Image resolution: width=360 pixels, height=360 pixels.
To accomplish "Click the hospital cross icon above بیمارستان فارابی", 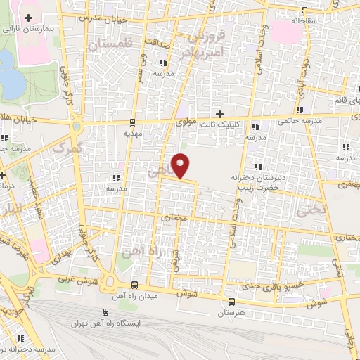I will [28, 18].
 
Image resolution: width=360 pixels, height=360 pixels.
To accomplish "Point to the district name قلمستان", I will [110, 44].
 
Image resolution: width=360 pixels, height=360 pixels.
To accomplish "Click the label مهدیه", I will [134, 131].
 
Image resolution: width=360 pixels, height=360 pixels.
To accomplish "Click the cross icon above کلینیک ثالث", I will [220, 113].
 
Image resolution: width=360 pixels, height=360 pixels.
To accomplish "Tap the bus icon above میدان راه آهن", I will [134, 285].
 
